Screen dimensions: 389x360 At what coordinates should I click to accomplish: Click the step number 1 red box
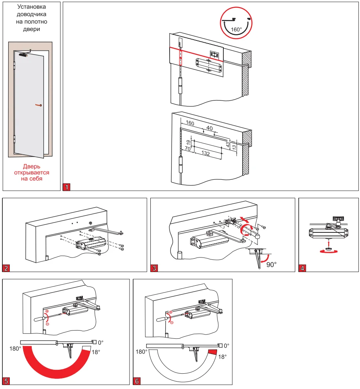tap(67, 187)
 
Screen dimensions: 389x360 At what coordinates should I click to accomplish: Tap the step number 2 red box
tap(6, 268)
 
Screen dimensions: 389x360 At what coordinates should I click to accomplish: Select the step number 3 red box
tap(154, 268)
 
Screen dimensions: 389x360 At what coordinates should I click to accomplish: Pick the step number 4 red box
tap(302, 268)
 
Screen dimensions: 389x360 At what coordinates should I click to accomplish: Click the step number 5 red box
tap(6, 381)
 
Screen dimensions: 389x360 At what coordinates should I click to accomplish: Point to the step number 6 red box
tap(137, 381)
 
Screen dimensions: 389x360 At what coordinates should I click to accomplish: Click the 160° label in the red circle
tap(236, 29)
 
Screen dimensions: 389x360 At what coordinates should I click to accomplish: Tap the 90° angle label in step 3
tap(271, 264)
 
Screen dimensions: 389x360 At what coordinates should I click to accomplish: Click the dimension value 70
tap(188, 149)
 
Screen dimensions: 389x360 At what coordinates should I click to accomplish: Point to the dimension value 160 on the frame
tap(190, 123)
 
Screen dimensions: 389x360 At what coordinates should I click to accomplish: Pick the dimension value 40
tap(209, 128)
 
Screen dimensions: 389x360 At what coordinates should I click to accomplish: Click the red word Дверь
tap(31, 166)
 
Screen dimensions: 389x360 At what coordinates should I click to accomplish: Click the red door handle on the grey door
tap(38, 105)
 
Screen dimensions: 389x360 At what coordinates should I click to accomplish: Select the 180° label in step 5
tap(16, 348)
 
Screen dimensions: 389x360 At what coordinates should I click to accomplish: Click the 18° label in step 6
tap(222, 357)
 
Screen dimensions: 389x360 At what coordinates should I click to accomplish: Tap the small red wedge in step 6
tap(213, 352)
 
